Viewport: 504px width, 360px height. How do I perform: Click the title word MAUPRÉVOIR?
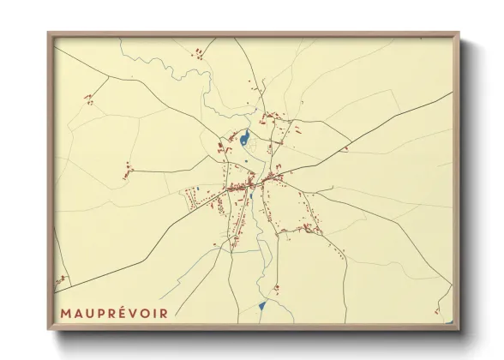(x=114, y=313)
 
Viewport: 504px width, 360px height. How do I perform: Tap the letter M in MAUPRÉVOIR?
(x=66, y=313)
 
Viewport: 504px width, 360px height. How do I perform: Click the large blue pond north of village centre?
(x=245, y=137)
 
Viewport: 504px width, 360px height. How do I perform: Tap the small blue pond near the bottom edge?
(x=262, y=305)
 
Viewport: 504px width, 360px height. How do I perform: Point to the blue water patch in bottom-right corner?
(x=448, y=321)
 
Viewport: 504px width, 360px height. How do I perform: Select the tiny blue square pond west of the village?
(x=196, y=189)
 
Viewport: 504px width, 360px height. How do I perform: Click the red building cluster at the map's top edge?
(x=199, y=53)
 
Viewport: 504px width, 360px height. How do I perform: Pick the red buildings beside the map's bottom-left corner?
(x=61, y=279)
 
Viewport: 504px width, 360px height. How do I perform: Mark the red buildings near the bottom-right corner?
(x=437, y=310)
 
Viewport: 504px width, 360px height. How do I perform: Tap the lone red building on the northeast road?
(x=345, y=149)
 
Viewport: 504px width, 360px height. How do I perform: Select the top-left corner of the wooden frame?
(x=50, y=34)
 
